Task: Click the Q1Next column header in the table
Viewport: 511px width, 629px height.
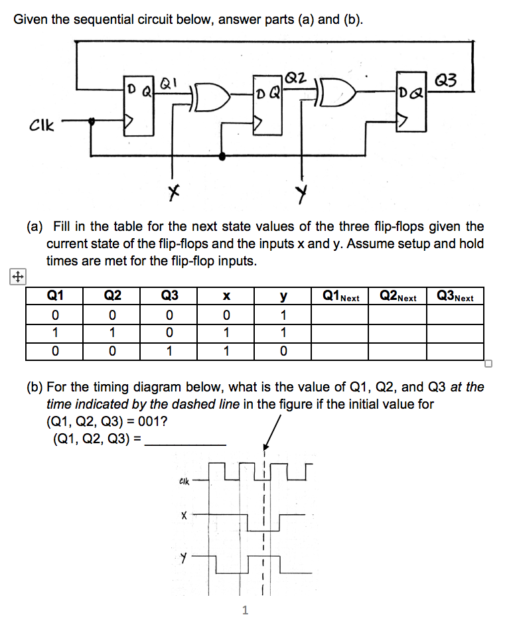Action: pos(340,297)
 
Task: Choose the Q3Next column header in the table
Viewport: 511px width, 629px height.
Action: pos(455,297)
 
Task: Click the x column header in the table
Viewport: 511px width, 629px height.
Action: pos(226,297)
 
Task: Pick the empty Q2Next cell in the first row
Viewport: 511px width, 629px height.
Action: pos(397,314)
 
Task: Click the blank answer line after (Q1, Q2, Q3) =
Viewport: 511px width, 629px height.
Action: pos(185,443)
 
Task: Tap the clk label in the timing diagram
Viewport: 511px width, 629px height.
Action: pos(184,482)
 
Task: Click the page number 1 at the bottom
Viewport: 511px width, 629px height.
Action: pos(245,610)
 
